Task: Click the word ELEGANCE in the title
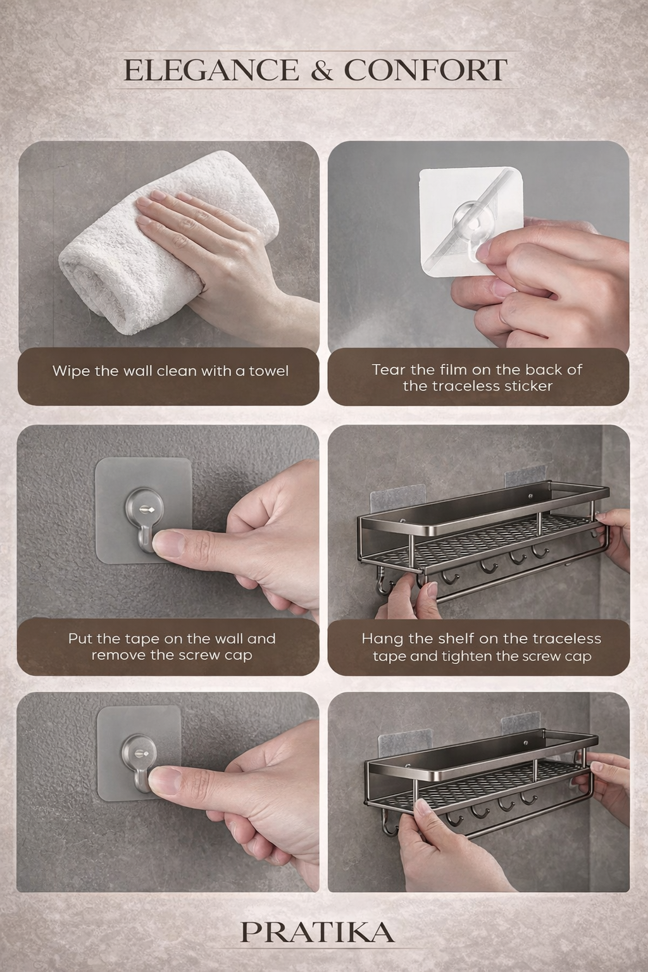tap(210, 70)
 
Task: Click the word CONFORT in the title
tap(425, 70)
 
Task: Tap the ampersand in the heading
tap(321, 70)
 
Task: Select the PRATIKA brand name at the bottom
tap(318, 932)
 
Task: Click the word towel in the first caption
tap(268, 371)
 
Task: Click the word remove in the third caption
tap(114, 656)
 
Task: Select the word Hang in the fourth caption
tap(378, 639)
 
